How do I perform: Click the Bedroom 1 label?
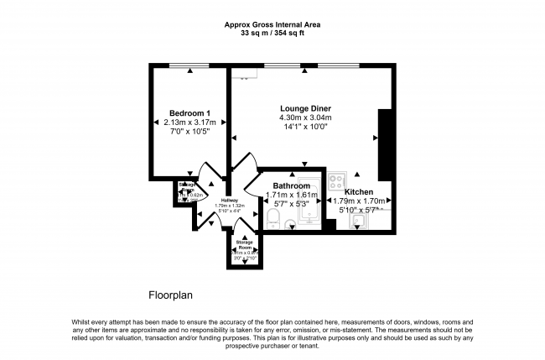(189, 113)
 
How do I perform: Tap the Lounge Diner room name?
(305, 108)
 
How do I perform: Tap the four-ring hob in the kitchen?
(338, 180)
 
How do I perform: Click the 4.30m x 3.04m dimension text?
(305, 117)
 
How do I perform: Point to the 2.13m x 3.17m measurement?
(189, 123)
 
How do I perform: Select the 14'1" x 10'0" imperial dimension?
(305, 128)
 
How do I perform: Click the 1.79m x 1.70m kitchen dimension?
(358, 201)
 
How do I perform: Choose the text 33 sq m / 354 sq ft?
(272, 33)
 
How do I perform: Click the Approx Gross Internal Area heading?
(272, 24)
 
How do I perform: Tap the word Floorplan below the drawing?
(172, 295)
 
